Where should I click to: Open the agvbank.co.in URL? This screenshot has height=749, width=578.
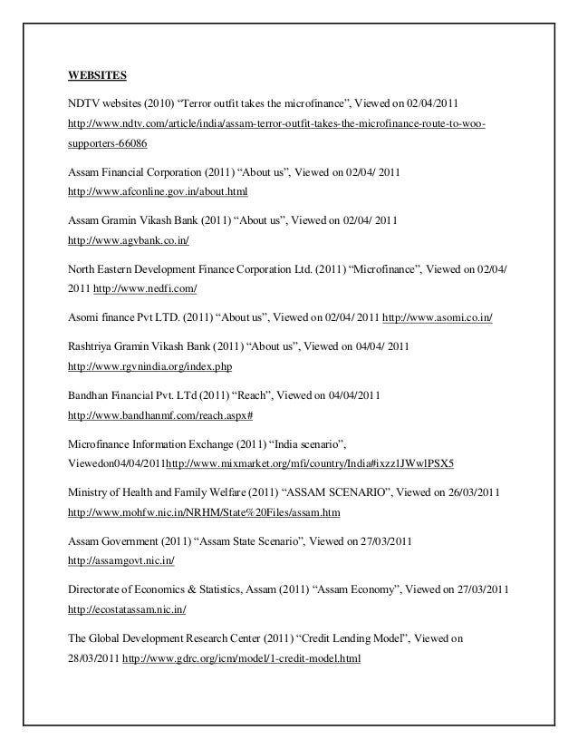click(129, 243)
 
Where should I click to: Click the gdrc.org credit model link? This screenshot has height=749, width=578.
click(241, 660)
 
